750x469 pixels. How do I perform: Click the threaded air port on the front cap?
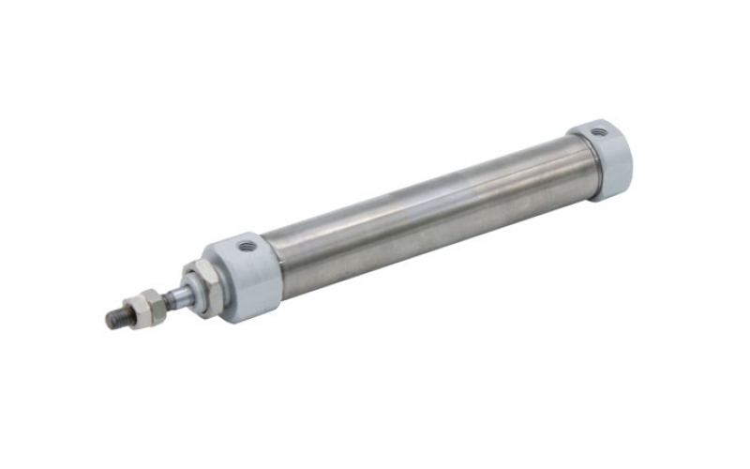click(x=247, y=247)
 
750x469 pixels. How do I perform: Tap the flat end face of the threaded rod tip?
click(x=109, y=321)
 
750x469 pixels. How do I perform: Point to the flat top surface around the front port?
click(x=234, y=248)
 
